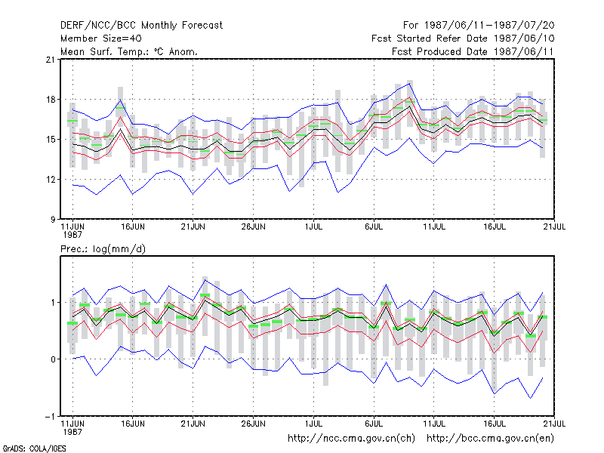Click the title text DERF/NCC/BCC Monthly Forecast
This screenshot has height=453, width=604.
[141, 26]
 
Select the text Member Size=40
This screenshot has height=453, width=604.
[101, 39]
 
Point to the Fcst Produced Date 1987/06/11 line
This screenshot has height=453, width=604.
[473, 51]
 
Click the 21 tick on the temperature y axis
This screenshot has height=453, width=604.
[50, 60]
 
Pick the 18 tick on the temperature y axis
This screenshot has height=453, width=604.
[50, 100]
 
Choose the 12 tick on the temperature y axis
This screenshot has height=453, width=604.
[50, 180]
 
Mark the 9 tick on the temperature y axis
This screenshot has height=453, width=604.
[52, 220]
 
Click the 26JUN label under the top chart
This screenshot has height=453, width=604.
[254, 227]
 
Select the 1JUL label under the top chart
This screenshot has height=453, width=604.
[313, 227]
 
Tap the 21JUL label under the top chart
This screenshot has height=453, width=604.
[554, 227]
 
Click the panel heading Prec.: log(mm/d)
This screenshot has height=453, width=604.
[103, 249]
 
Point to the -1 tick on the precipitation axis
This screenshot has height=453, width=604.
[50, 417]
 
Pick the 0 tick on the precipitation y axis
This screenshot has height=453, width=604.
[53, 359]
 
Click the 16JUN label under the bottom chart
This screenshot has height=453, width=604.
[133, 424]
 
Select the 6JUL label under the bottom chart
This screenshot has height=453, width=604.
[374, 424]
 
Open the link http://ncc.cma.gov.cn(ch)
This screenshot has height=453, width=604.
[351, 439]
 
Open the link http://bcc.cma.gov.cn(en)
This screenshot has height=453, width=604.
[490, 439]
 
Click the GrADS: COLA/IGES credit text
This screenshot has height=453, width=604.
[34, 448]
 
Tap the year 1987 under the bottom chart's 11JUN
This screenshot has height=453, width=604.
[72, 432]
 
